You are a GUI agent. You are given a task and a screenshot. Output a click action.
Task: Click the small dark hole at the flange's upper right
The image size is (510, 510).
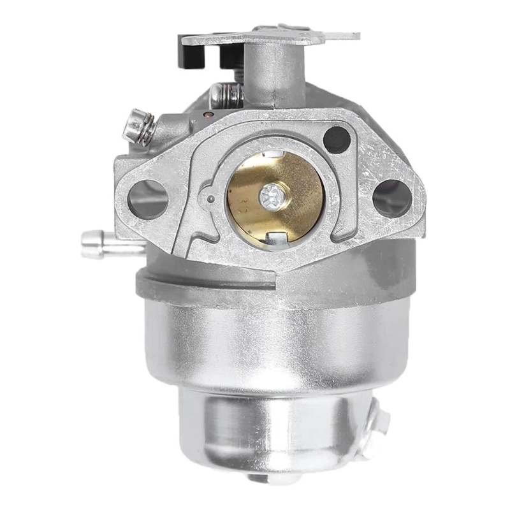[x=337, y=138]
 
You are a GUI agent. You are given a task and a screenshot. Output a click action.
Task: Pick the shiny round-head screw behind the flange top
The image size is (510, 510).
[x=226, y=94]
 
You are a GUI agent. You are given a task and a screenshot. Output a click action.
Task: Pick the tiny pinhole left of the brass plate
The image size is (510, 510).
[x=211, y=198]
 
